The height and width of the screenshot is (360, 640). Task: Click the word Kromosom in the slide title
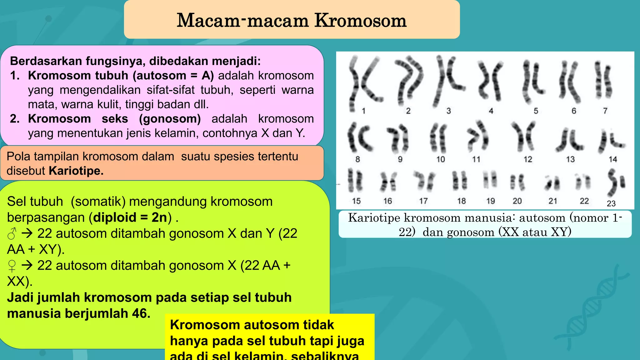click(360, 21)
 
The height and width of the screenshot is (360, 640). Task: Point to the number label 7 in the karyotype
click(605, 111)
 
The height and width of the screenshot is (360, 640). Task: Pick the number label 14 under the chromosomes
click(612, 159)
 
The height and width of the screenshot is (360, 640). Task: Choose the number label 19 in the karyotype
click(490, 201)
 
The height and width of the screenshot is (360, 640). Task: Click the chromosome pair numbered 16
click(388, 182)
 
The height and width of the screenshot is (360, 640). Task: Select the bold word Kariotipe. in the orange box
click(76, 171)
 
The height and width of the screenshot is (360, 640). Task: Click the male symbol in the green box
click(12, 234)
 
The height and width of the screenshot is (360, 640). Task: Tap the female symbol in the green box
click(12, 266)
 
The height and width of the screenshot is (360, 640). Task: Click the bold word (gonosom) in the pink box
click(170, 119)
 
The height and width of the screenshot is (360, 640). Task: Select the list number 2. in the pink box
click(15, 119)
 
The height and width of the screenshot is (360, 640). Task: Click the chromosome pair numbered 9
click(397, 137)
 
